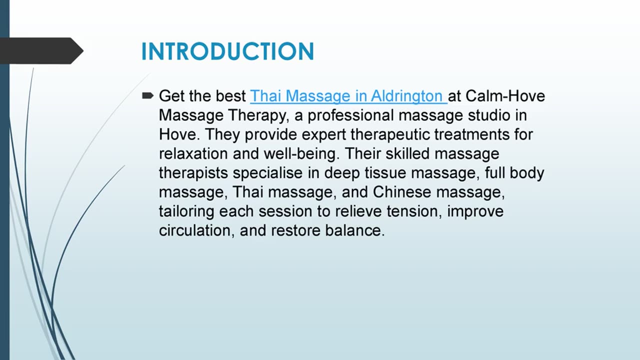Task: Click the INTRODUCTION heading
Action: (x=227, y=51)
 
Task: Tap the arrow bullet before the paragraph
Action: (x=147, y=95)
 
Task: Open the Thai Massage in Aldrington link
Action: (x=347, y=96)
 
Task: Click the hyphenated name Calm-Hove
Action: (x=505, y=96)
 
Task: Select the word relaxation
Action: (x=193, y=153)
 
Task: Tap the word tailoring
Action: (x=186, y=211)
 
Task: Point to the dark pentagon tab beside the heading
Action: (x=40, y=50)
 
